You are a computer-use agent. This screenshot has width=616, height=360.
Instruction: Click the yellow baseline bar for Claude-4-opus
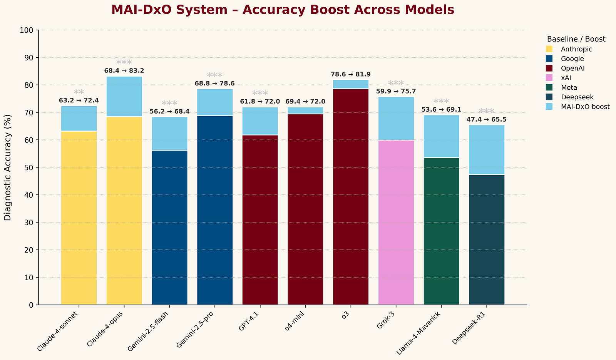click(x=124, y=211)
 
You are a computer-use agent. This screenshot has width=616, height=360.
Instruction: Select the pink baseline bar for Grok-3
click(x=396, y=223)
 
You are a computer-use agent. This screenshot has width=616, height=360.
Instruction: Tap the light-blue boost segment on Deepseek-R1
click(x=487, y=150)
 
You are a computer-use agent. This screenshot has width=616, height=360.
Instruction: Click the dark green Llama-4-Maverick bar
click(x=441, y=231)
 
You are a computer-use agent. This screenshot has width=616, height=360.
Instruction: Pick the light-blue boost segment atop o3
click(x=351, y=84)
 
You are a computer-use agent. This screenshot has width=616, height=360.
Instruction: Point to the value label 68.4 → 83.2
click(x=124, y=71)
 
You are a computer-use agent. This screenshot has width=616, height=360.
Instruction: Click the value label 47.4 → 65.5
click(x=487, y=120)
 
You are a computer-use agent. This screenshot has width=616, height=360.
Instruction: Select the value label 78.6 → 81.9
click(x=351, y=74)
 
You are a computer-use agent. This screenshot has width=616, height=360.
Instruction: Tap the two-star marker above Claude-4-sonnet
click(x=79, y=93)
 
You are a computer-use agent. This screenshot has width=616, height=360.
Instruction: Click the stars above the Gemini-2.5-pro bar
click(x=215, y=75)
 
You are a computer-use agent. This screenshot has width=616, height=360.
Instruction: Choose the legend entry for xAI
click(x=568, y=78)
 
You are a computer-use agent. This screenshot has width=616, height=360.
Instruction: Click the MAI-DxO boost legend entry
click(x=585, y=107)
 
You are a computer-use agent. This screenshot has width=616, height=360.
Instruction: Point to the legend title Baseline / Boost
click(x=576, y=39)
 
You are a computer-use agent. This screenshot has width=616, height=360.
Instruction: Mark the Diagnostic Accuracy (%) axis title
click(x=8, y=167)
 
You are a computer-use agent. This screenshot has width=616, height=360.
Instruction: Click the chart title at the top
click(x=283, y=10)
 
